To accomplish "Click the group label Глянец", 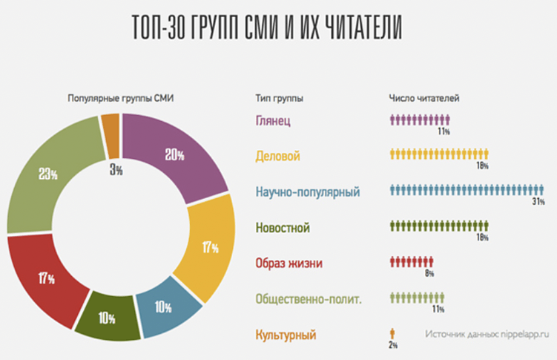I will pos(275,120).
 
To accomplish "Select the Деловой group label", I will pos(277,157).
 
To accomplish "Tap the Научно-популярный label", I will pos(307,192).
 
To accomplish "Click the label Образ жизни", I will pos(289,264).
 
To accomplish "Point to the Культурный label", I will pos(286,335).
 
